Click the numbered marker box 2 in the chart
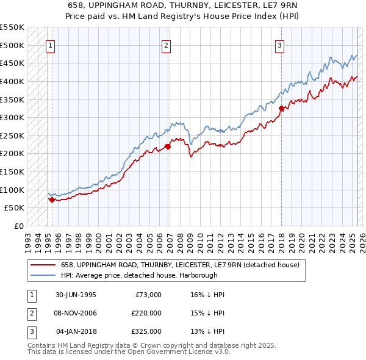pos(166,45)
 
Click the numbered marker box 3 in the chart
pos(279,45)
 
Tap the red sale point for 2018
pos(281,109)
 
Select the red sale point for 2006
pos(167,146)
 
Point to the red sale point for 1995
pos(52,200)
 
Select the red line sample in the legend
pos(41,265)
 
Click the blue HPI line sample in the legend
pos(41,276)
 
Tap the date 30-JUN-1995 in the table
pos(76,295)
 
